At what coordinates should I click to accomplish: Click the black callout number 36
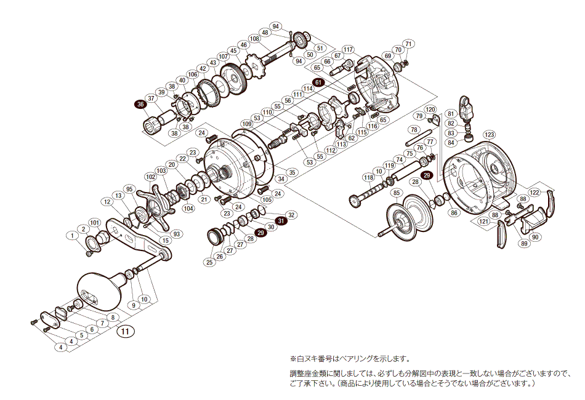(141, 105)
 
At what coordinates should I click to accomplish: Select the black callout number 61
(318, 82)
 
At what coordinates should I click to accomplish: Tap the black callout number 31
(281, 220)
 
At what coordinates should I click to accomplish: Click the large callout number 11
(126, 332)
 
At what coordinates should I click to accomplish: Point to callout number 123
(489, 134)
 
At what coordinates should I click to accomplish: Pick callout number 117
(348, 49)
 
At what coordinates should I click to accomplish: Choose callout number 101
(94, 222)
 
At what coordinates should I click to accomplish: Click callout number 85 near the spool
(395, 193)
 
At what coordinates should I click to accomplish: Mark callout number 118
(368, 177)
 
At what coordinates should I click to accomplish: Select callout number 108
(254, 38)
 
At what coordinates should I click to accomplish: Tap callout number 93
(177, 233)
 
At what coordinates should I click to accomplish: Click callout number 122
(535, 192)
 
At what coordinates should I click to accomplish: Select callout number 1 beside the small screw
(73, 235)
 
